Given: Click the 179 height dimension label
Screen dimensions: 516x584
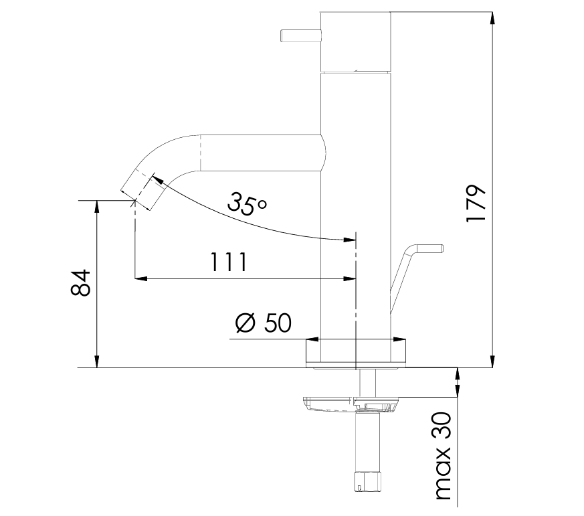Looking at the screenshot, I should [475, 203].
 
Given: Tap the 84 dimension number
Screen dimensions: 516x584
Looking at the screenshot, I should [81, 282].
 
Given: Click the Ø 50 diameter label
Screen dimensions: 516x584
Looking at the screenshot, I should [264, 323].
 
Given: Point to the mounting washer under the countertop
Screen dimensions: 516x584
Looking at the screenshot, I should [351, 404].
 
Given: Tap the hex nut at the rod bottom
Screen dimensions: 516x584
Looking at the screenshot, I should [367, 481].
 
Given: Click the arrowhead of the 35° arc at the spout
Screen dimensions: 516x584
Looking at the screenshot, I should [158, 179].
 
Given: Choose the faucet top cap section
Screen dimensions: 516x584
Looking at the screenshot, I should [355, 40].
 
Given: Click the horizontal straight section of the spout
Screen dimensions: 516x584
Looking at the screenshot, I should [261, 152].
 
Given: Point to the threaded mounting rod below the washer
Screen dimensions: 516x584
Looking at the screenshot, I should [367, 442].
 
